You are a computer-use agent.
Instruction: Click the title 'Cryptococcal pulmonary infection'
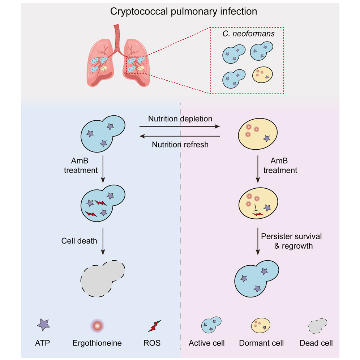[184, 12]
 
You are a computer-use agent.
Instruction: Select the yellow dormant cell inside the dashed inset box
[262, 75]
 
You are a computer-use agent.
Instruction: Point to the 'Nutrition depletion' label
[180, 119]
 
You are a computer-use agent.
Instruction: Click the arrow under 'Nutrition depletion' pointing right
[180, 127]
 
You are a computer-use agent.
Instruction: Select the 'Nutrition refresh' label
[180, 145]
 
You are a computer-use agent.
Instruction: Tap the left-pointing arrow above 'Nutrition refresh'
[180, 136]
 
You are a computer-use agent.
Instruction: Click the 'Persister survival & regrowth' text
[291, 241]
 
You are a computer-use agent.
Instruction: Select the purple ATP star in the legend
[43, 325]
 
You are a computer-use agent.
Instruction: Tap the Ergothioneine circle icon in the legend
[97, 326]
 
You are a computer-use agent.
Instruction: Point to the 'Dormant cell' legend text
[261, 343]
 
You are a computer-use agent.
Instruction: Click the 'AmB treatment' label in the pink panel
[280, 166]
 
